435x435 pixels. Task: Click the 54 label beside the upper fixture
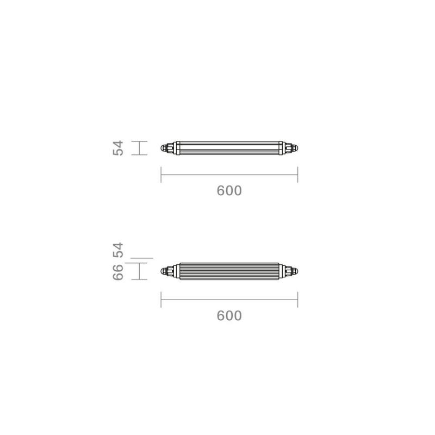pyautogui.click(x=119, y=148)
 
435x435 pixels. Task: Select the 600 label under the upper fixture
pyautogui.click(x=229, y=191)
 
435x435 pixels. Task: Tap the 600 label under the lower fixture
pyautogui.click(x=229, y=315)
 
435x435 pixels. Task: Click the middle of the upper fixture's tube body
pyautogui.click(x=229, y=148)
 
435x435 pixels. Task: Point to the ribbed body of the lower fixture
pyautogui.click(x=229, y=271)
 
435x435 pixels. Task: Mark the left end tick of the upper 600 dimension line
pyautogui.click(x=161, y=175)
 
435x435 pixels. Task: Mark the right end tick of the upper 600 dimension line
pyautogui.click(x=297, y=175)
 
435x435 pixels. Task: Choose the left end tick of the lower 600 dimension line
pyautogui.click(x=161, y=300)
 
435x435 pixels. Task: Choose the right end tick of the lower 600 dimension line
pyautogui.click(x=297, y=300)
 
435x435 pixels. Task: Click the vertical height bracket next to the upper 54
pyautogui.click(x=140, y=148)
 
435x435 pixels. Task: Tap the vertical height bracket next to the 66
pyautogui.click(x=140, y=271)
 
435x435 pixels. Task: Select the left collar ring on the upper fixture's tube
pyautogui.click(x=178, y=148)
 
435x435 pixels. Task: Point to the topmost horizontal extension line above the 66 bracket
pyautogui.click(x=143, y=257)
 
